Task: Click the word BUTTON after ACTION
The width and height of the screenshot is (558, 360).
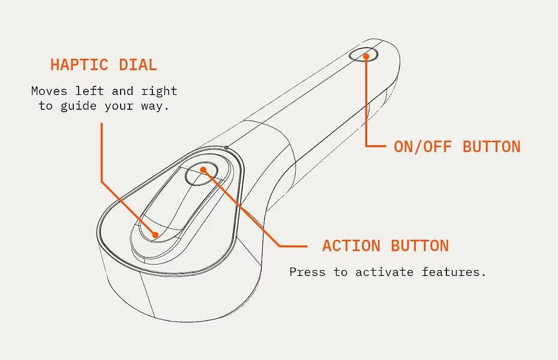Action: pyautogui.click(x=420, y=246)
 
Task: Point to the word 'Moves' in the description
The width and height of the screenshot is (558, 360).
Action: pyautogui.click(x=49, y=92)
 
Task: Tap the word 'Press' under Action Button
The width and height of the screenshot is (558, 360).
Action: pyautogui.click(x=308, y=272)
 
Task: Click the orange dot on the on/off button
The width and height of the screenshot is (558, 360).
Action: pyautogui.click(x=366, y=56)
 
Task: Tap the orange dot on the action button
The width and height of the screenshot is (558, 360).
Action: pyautogui.click(x=203, y=170)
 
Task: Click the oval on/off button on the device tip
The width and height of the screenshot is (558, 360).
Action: pyautogui.click(x=364, y=55)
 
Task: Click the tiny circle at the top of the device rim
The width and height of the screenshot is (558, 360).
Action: pyautogui.click(x=226, y=147)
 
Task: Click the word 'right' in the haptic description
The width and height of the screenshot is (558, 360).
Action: pyautogui.click(x=160, y=92)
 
